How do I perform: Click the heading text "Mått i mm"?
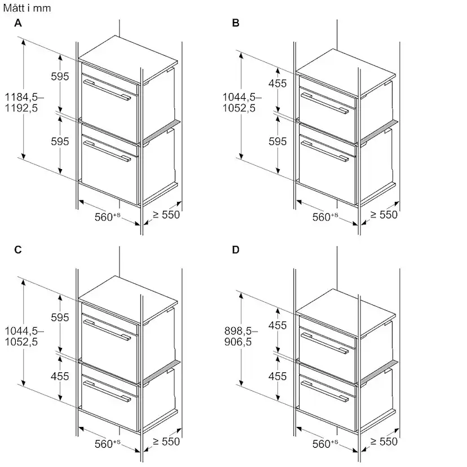[x=27, y=8]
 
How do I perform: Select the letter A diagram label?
[x=18, y=23]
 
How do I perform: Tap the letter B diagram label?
[x=236, y=23]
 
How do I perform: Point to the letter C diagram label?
[x=18, y=249]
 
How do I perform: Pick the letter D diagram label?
[x=236, y=249]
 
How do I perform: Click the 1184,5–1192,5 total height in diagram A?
[x=24, y=103]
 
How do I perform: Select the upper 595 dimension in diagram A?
[x=60, y=77]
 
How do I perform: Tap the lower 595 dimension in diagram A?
[x=60, y=142]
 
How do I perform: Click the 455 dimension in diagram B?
[x=277, y=83]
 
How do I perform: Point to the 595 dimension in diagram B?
[x=277, y=142]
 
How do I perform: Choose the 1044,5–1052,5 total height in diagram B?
[x=242, y=103]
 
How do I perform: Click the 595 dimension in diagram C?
[x=60, y=318]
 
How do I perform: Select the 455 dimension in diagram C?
[x=60, y=376]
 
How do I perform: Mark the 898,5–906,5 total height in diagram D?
[x=241, y=336]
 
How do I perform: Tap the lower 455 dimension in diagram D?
[x=277, y=376]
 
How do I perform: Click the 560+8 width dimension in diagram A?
[x=108, y=217]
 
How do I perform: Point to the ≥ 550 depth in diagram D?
[x=384, y=442]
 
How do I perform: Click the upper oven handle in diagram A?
[x=107, y=90]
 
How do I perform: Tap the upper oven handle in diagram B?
[x=325, y=103]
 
